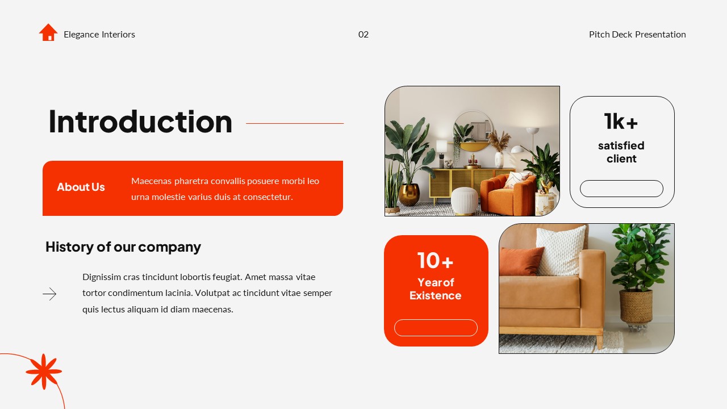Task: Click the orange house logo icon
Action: pyautogui.click(x=48, y=32)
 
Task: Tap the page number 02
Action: pyautogui.click(x=363, y=35)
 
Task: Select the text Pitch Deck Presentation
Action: pyautogui.click(x=637, y=35)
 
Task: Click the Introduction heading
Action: pyautogui.click(x=140, y=122)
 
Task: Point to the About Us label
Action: pyautogui.click(x=81, y=187)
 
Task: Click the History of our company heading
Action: pyautogui.click(x=123, y=247)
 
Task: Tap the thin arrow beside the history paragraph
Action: pyautogui.click(x=49, y=294)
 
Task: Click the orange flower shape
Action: pyautogui.click(x=44, y=372)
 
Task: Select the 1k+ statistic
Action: pyautogui.click(x=621, y=121)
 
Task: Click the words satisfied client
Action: pyautogui.click(x=621, y=152)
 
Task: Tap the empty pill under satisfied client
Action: pyautogui.click(x=621, y=189)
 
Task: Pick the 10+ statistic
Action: pyautogui.click(x=435, y=261)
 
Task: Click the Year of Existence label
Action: pyautogui.click(x=435, y=289)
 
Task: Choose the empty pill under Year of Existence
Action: pyautogui.click(x=436, y=328)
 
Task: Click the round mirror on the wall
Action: pyautogui.click(x=473, y=128)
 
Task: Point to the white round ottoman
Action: pyautogui.click(x=464, y=200)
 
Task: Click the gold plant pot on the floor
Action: pyautogui.click(x=409, y=194)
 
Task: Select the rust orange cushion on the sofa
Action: pyautogui.click(x=520, y=261)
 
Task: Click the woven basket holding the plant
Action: pyautogui.click(x=636, y=307)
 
